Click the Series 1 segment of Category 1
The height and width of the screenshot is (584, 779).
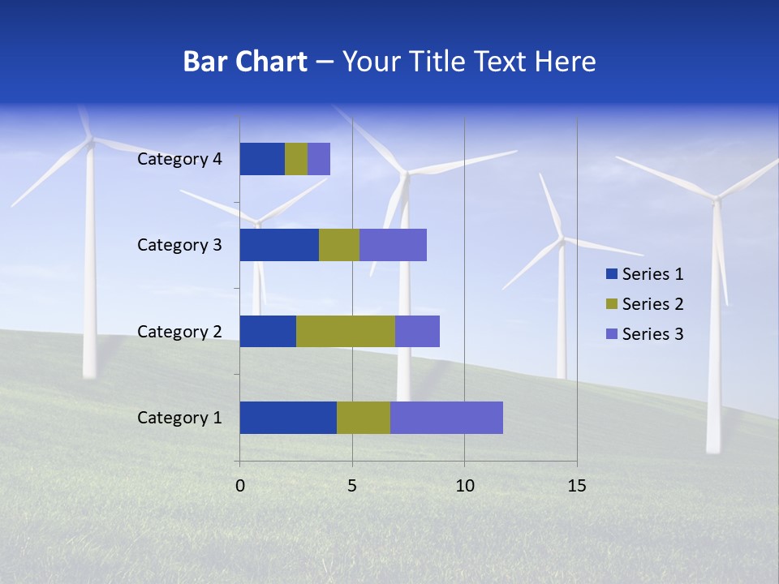(288, 418)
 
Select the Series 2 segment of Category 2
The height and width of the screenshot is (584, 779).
(346, 331)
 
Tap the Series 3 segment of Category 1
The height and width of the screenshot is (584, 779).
(446, 418)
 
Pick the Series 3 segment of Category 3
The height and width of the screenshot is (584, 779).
(393, 245)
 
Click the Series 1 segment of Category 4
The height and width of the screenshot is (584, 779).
(262, 159)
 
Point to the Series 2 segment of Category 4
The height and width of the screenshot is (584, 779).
(296, 159)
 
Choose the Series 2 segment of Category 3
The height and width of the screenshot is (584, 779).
(339, 245)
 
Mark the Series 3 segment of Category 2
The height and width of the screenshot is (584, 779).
(417, 331)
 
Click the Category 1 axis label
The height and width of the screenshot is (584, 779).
(179, 418)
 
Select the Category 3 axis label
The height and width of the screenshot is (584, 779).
(179, 245)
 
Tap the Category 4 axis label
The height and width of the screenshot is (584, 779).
(179, 159)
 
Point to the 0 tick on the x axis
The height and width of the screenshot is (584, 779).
(240, 486)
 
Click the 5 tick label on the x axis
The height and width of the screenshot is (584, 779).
(352, 486)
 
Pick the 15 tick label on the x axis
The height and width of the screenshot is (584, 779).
(576, 486)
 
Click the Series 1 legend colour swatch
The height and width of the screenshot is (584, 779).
(612, 274)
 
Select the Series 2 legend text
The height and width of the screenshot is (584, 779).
(652, 304)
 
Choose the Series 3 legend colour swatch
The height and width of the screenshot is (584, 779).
(612, 334)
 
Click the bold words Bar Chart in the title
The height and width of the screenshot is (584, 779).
(245, 62)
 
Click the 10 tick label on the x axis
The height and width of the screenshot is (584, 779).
(464, 486)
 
